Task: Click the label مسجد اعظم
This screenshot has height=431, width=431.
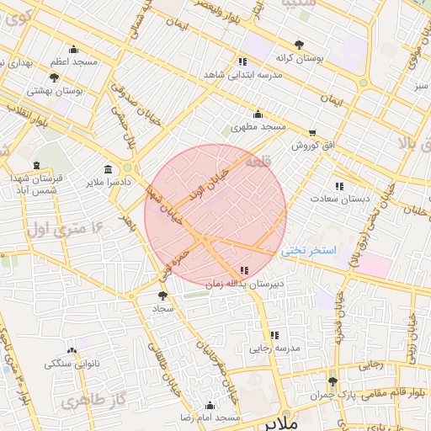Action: pos(74,62)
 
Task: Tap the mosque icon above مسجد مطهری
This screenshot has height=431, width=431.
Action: pos(258,114)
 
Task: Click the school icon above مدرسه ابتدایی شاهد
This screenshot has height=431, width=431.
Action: pos(242,61)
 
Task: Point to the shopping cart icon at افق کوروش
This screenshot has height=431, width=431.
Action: pos(313,133)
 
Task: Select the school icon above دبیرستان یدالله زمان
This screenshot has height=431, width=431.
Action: pos(244,270)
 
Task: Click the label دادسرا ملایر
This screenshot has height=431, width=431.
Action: pos(108,181)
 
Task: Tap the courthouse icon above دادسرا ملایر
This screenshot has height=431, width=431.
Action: pos(108,168)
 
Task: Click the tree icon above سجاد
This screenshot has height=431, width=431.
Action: pos(162,295)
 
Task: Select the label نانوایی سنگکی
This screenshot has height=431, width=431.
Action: pos(72,363)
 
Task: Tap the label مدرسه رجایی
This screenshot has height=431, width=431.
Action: pos(271,348)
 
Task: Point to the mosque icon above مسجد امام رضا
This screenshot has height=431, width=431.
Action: pos(210,405)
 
